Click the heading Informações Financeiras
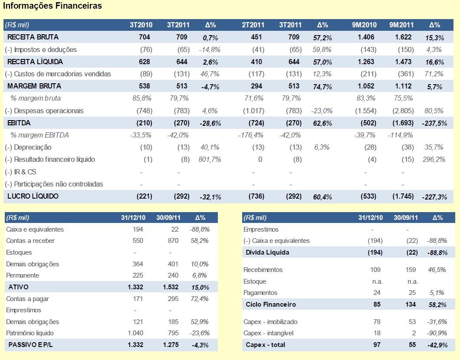tap(53, 6)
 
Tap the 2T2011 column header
tap(253, 25)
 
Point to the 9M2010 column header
tap(365, 25)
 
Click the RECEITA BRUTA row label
tap(33, 37)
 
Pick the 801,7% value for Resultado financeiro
tap(210, 160)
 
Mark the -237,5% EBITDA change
tap(434, 124)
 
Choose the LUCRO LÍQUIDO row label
tap(33, 196)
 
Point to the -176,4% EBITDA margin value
tap(251, 135)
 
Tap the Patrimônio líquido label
tap(30, 333)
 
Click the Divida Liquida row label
tap(267, 252)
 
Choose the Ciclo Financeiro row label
tap(271, 304)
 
